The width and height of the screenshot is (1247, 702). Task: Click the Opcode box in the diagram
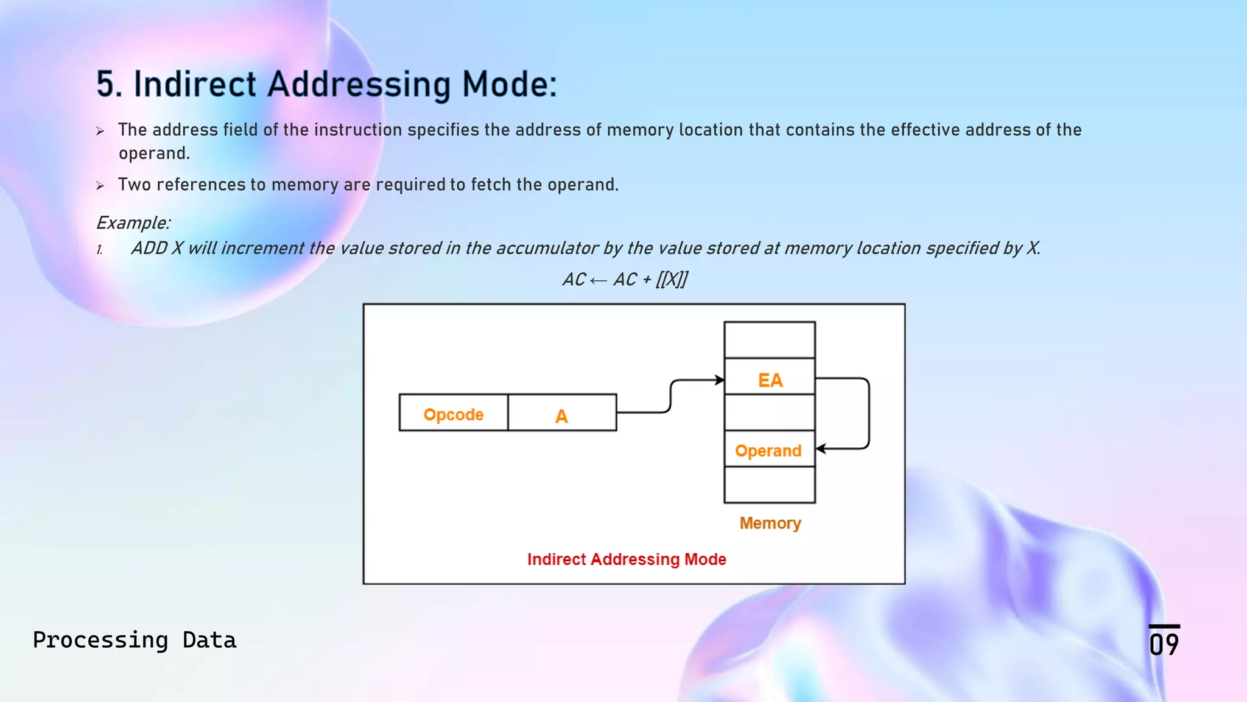click(454, 413)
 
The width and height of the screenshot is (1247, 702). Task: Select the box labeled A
click(561, 414)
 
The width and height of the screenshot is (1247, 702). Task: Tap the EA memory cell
click(770, 377)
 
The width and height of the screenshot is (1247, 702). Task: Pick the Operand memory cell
click(768, 450)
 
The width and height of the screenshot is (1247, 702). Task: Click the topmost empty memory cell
click(770, 340)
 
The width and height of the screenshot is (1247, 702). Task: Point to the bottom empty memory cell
click(770, 485)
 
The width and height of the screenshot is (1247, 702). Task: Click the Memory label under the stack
click(770, 523)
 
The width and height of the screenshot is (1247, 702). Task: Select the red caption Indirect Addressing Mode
click(627, 559)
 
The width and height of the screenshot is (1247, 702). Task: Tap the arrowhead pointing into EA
click(720, 380)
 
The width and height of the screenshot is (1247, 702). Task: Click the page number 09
click(1164, 643)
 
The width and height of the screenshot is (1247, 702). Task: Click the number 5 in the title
click(105, 84)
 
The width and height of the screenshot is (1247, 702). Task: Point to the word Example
click(133, 223)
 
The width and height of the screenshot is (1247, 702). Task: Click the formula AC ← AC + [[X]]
click(625, 280)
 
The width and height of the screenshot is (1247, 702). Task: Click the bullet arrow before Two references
click(100, 185)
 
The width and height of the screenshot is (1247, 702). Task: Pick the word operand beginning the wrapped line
click(153, 154)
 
